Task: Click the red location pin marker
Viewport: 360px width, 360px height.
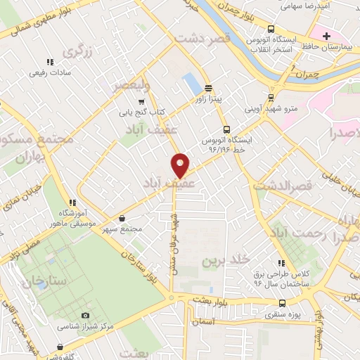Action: point(180,165)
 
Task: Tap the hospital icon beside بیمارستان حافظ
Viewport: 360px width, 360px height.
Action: point(326,35)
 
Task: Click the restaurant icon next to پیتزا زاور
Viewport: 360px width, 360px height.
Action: point(208,88)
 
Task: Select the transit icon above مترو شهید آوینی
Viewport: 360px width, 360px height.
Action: point(271,98)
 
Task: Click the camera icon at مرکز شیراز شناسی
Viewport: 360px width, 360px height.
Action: point(86,316)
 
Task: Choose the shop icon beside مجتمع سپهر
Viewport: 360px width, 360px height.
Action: point(122,218)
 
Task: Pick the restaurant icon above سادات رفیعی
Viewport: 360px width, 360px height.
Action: point(49,62)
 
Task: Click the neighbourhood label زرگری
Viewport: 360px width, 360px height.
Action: point(78,51)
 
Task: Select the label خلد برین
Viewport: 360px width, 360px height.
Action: point(226,260)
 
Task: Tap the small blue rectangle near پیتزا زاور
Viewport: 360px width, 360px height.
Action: point(190,84)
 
